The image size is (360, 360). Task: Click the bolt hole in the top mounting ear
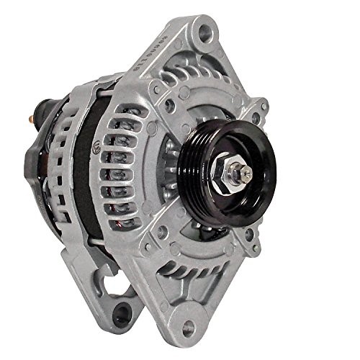click(x=206, y=32)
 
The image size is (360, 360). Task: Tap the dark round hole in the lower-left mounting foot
click(x=121, y=312)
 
